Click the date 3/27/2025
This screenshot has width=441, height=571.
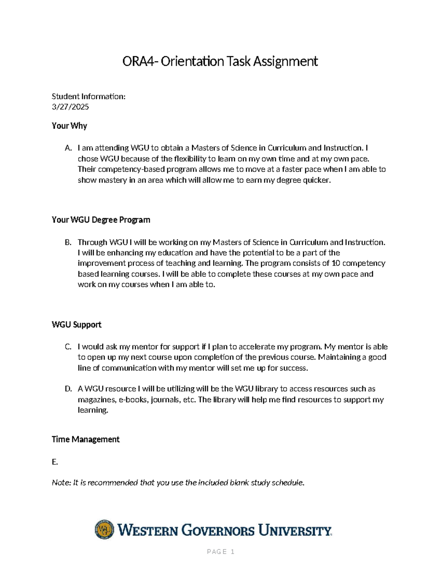pos(70,107)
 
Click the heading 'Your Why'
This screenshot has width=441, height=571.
pos(69,126)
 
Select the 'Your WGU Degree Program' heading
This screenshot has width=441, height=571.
pos(101,220)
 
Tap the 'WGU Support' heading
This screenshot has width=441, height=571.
pos(76,325)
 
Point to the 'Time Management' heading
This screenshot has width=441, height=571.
pos(86,439)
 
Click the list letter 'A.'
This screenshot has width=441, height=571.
pos(68,148)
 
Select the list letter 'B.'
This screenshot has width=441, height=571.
pos(68,242)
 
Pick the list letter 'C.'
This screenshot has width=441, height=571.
pos(68,347)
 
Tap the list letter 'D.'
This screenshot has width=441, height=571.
pos(68,389)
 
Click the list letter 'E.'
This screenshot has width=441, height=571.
pos(55,462)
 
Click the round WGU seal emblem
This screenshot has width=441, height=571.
pos(104,530)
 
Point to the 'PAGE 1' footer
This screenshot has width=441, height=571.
pos(220,552)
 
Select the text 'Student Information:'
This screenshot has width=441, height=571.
pos(89,96)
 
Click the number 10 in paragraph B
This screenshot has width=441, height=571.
pos(336,263)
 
